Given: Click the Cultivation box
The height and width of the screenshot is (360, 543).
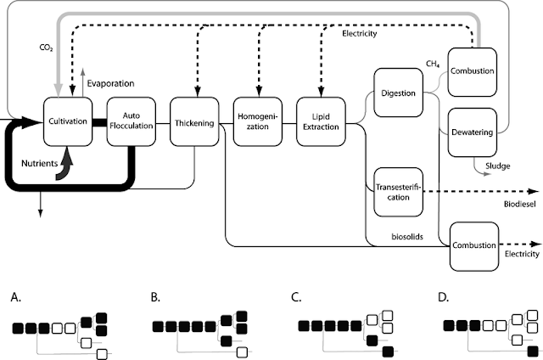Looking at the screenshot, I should tap(69, 121).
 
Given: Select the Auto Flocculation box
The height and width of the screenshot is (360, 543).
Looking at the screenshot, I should tap(132, 121).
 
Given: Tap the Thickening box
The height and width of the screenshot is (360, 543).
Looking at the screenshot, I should tap(194, 121).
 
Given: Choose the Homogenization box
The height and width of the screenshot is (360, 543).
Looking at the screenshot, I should tap(257, 121).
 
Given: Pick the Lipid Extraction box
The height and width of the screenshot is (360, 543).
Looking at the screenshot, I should tap(319, 121).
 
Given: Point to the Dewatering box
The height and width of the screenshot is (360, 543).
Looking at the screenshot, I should tap(472, 131).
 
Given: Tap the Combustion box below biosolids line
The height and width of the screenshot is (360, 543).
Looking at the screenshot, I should tap(473, 245).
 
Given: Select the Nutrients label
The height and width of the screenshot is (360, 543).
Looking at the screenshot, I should tap(40, 159).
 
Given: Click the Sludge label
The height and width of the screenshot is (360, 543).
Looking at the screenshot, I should tap(497, 166).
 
